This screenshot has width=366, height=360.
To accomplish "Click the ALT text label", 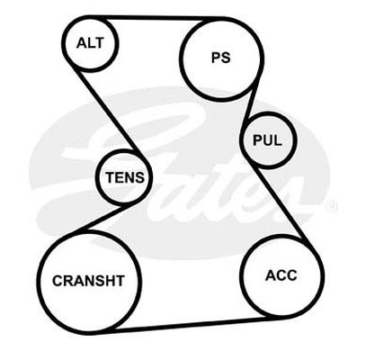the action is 90,43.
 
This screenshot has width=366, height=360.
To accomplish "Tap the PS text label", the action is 221,58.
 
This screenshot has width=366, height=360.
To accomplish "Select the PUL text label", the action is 267,140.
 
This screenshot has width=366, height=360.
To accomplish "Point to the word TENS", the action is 125,177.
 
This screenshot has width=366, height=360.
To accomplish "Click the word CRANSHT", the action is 88,281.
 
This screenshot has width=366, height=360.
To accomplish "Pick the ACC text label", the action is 281,275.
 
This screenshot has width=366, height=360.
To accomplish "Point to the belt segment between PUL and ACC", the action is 281,204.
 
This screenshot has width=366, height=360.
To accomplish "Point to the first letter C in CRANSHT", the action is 58,281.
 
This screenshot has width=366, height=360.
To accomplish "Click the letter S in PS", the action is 226,58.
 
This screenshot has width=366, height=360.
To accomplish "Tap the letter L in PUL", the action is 278,140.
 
